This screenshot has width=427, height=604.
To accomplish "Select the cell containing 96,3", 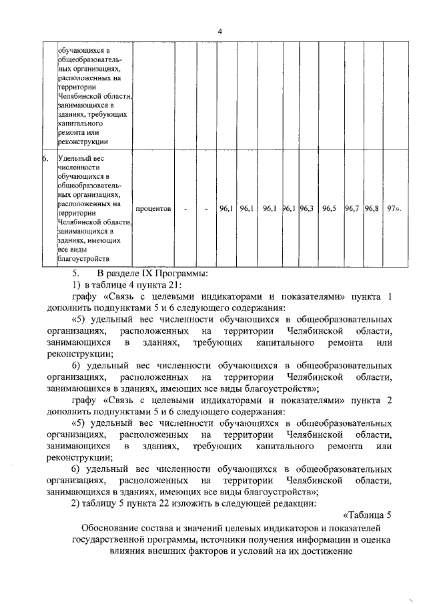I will (x=307, y=209).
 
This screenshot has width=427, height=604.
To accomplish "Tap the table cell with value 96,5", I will (x=329, y=209).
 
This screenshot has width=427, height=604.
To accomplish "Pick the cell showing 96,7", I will (x=352, y=209).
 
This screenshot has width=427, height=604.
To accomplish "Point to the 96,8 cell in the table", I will (x=372, y=209).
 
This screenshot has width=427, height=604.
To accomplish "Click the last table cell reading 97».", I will (x=394, y=209).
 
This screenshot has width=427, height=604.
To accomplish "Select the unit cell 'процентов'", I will (x=153, y=209).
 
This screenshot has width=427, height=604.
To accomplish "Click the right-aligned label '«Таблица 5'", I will (x=366, y=515).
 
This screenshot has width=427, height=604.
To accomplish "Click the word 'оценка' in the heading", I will (x=370, y=540).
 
